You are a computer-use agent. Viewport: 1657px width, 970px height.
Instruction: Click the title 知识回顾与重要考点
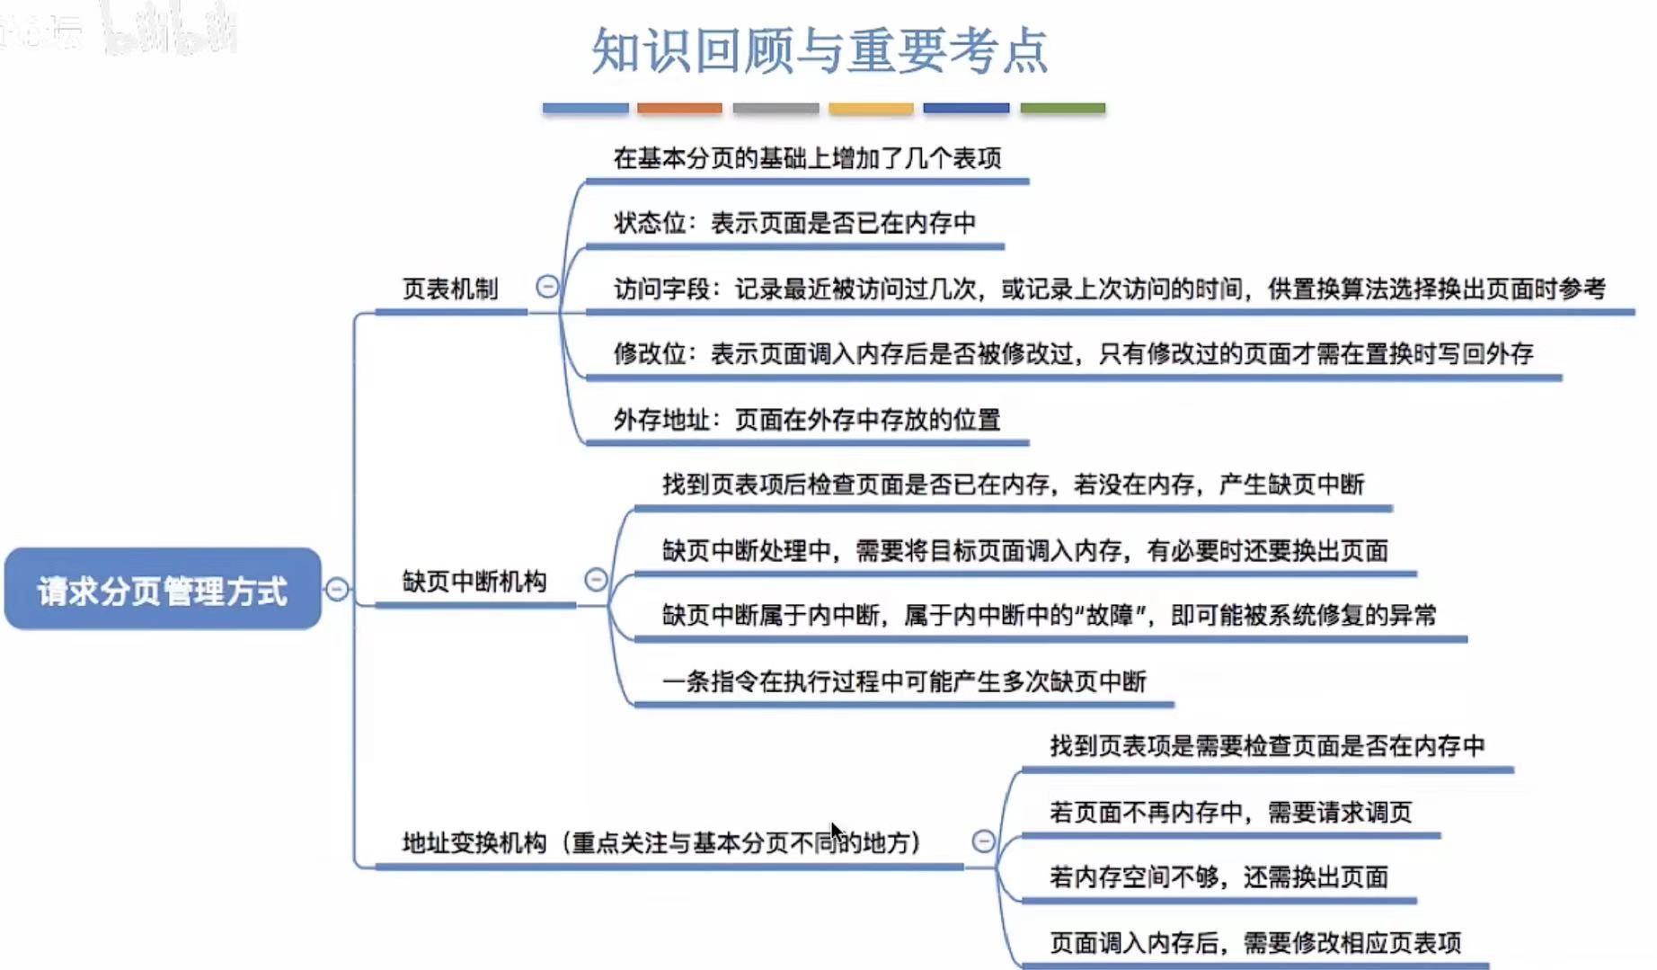pos(819,50)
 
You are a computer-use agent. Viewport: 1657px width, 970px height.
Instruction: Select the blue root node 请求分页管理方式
pos(163,590)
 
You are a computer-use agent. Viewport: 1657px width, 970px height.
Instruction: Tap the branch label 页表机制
pos(449,289)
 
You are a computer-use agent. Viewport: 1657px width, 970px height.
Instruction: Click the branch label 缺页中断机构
pos(474,582)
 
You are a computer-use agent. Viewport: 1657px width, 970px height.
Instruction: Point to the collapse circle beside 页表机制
pos(547,287)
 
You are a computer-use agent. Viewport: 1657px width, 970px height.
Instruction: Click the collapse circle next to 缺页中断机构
pos(596,580)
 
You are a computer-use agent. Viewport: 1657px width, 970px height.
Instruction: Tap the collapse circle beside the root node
pos(337,589)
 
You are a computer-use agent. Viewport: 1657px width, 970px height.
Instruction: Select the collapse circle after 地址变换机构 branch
pos(984,841)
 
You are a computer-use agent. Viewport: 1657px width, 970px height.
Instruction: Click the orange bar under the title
pos(679,109)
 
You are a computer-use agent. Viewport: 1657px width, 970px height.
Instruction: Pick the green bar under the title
pos(1062,109)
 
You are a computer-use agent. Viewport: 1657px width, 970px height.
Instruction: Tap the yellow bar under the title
pos(871,109)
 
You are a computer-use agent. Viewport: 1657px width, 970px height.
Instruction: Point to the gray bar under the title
pos(775,109)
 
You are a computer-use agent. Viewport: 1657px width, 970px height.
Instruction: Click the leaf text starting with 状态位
pos(794,223)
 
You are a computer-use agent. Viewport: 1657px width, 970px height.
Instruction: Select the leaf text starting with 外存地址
pos(807,420)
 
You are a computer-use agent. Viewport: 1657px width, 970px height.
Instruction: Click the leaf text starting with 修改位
pos(1073,354)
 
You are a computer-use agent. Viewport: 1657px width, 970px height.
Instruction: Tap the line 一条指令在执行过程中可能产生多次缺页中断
pos(904,681)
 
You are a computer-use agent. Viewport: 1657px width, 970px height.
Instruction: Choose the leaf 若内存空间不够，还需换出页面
pos(1218,877)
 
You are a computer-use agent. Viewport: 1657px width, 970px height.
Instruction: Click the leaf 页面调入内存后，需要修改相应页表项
pos(1255,943)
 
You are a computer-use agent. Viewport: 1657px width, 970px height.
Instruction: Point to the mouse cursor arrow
pos(837,832)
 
